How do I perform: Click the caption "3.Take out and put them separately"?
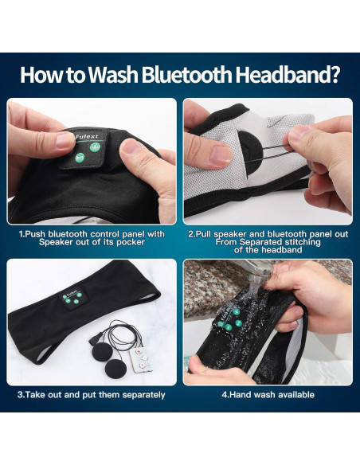click(92, 394)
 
